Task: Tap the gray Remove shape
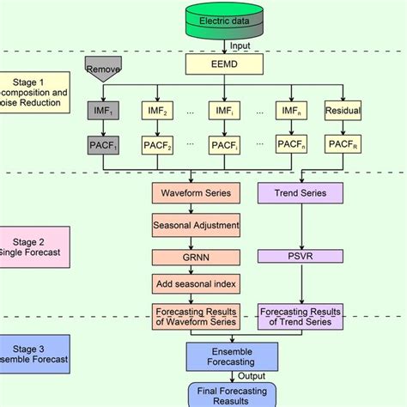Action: [x=100, y=67]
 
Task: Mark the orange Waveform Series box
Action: [x=195, y=194]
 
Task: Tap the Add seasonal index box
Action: [x=195, y=283]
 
